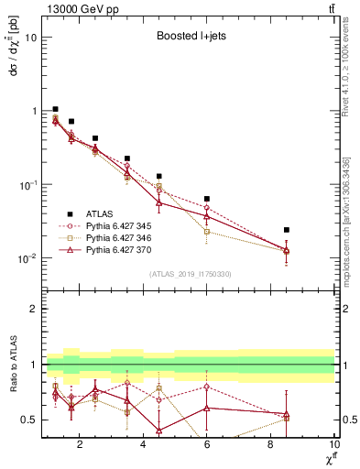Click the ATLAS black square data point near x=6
[x=207, y=199]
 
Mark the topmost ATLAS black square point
[x=56, y=109]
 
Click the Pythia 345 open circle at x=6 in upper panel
[x=207, y=208]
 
